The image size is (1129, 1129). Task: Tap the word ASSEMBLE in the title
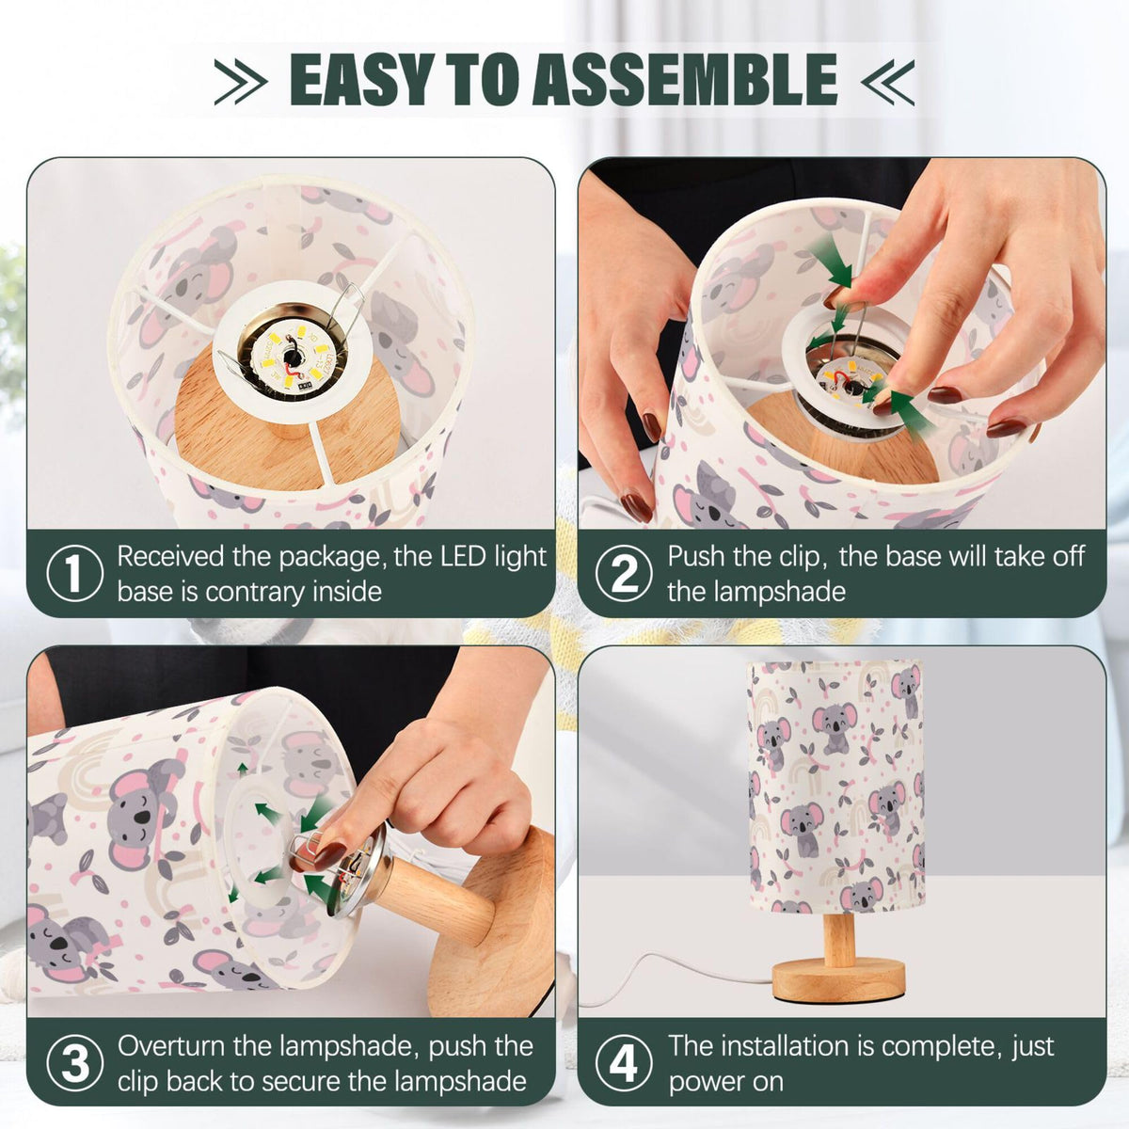684,79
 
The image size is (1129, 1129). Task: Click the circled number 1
74,573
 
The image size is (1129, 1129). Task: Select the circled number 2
624,573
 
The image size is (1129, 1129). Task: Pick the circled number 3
74,1063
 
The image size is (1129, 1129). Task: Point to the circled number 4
624,1063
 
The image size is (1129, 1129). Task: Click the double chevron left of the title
241,82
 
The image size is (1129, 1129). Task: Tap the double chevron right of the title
887,82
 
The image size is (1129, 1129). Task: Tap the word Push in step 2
697,556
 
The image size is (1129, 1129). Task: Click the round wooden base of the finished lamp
838,980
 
